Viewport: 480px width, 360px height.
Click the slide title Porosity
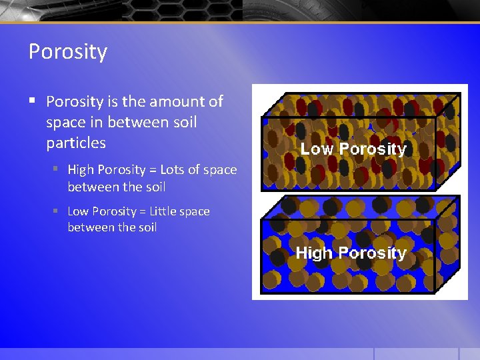click(67, 51)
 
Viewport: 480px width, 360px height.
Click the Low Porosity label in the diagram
click(353, 149)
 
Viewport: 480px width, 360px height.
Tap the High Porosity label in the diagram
click(351, 253)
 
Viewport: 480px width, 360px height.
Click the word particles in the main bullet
click(75, 143)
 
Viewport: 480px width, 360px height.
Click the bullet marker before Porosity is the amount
click(32, 101)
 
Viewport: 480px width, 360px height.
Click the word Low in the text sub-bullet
click(78, 211)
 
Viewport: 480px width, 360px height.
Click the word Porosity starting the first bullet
click(75, 101)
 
